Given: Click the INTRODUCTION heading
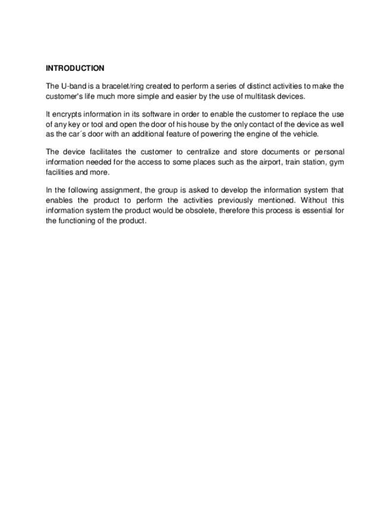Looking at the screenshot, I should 75,68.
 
